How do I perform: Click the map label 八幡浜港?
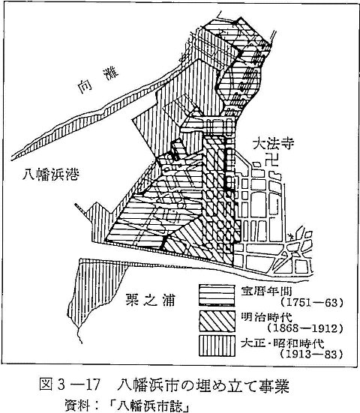50,174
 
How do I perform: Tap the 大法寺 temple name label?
273,144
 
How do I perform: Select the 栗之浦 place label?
150,300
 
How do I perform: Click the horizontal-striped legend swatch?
217,295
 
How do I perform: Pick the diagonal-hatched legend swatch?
217,321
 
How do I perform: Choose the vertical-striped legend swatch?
217,346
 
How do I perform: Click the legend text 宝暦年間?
266,291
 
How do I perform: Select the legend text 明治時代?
266,317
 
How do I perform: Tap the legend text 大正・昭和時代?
283,343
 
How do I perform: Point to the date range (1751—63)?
312,302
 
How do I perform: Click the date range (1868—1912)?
305,328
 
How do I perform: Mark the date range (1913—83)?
312,355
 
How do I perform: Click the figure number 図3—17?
70,385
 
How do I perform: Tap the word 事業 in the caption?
274,385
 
